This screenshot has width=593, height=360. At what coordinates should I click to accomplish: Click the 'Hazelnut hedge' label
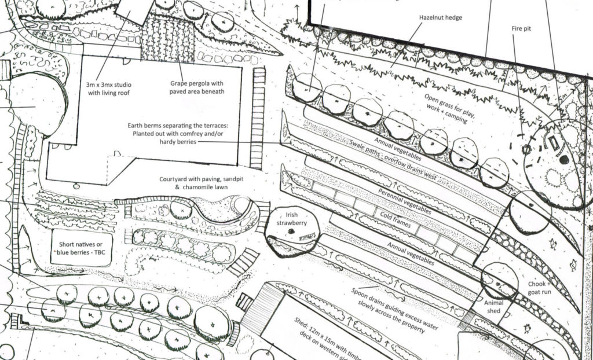pos(441,18)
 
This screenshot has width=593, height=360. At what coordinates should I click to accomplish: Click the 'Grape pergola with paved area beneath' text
pos(197,87)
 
